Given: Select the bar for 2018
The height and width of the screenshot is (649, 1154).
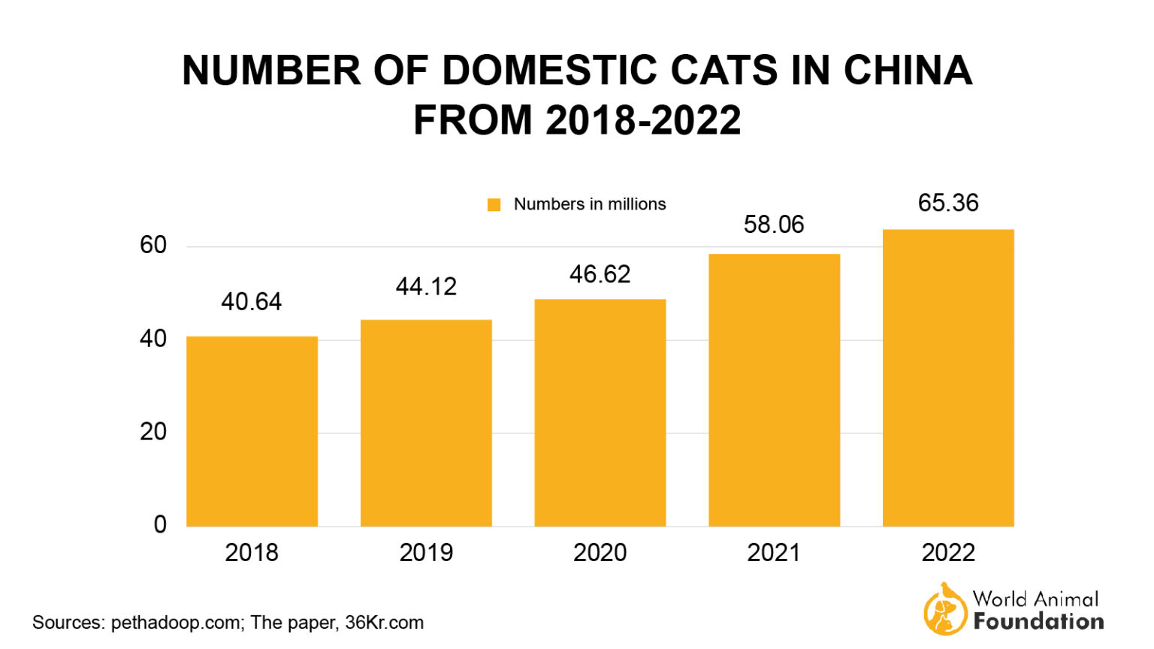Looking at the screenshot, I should click(252, 431).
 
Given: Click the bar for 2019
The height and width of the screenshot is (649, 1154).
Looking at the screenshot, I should click(426, 423).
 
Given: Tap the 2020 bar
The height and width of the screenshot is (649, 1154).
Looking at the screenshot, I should click(600, 413).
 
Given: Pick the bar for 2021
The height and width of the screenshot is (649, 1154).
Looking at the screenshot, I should click(774, 391).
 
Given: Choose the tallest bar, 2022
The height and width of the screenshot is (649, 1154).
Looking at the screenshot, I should click(948, 378).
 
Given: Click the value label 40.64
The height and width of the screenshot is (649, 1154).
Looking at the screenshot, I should click(252, 302).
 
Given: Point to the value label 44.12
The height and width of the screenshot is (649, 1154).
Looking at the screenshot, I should click(426, 287).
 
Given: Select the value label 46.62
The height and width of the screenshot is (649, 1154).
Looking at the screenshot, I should click(600, 274).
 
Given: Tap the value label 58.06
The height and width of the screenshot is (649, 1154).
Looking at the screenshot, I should click(774, 225).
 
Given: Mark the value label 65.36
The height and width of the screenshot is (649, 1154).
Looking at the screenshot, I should click(948, 203).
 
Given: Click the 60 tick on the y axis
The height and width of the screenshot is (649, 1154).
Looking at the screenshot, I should click(153, 245).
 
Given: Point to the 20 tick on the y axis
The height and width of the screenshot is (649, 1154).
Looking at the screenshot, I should click(153, 432).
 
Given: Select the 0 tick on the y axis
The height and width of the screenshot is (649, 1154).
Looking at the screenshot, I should click(160, 524).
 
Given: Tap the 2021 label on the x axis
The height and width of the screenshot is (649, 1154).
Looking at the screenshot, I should click(774, 553).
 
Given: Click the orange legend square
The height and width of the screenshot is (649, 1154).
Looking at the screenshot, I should click(494, 205).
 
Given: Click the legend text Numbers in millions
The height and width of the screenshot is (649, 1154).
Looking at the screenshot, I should click(590, 204).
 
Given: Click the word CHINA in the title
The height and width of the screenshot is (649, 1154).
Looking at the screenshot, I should click(908, 71).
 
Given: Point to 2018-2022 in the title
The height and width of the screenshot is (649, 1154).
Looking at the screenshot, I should click(643, 120).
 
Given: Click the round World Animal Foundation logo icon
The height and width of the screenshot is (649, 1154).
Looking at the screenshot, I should click(945, 610).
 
